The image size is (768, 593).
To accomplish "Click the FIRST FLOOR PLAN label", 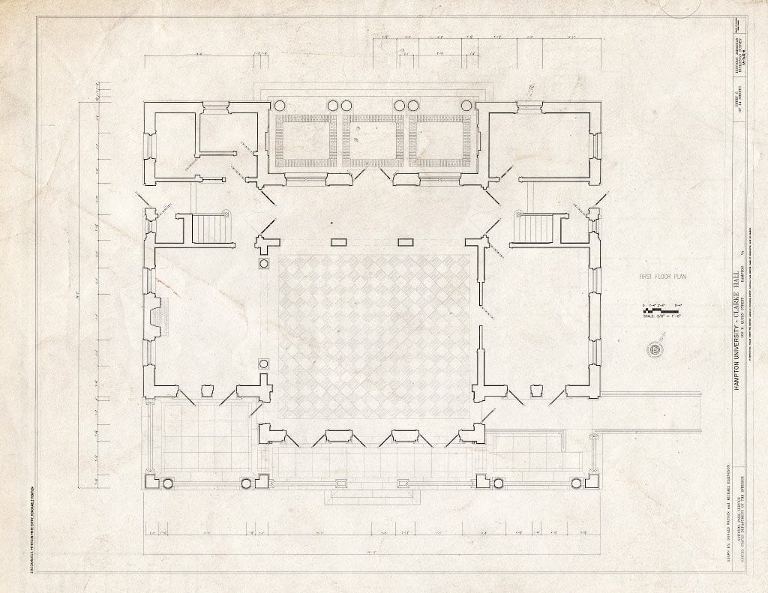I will pos(662,277).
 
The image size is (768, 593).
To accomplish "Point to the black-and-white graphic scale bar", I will pos(661,310).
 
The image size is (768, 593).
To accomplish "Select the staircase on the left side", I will pos(211,228).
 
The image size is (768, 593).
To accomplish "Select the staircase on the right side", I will pos(534,228).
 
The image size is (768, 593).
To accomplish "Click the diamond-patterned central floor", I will pos(373,336).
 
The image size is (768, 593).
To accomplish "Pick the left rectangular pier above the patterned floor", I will pos(339,241).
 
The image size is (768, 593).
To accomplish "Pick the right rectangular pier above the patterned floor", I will pos(406,241).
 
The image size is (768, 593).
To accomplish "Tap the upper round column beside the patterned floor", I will pos(264,264).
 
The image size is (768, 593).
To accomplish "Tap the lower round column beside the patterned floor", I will pos(264,364).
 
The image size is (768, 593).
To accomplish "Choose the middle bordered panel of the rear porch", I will pos(373,140).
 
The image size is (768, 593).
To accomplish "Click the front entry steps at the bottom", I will pos(372,496).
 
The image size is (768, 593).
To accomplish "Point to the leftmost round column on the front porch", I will pos(166,484).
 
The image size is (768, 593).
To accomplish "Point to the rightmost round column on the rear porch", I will pos(466,105).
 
